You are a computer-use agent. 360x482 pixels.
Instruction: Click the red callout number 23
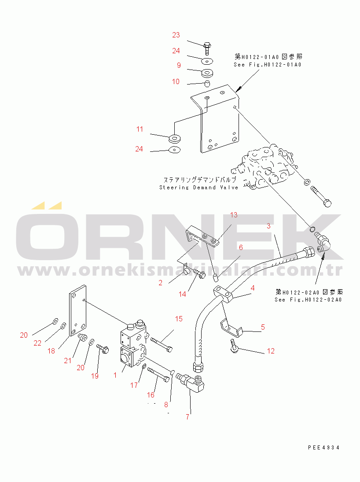pos(176,35)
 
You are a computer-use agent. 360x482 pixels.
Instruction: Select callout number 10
pos(176,81)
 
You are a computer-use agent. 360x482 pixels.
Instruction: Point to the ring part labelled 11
pos(175,138)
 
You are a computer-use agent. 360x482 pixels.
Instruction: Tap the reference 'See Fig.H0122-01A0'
pos(268,65)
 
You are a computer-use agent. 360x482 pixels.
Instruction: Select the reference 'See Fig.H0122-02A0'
pos(309,300)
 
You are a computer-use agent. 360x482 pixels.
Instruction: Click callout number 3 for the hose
pos(268,226)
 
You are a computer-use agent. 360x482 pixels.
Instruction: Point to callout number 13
pos(234,215)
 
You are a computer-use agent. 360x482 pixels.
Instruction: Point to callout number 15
pos(179,318)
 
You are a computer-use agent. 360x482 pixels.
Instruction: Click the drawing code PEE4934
pos(324,447)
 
